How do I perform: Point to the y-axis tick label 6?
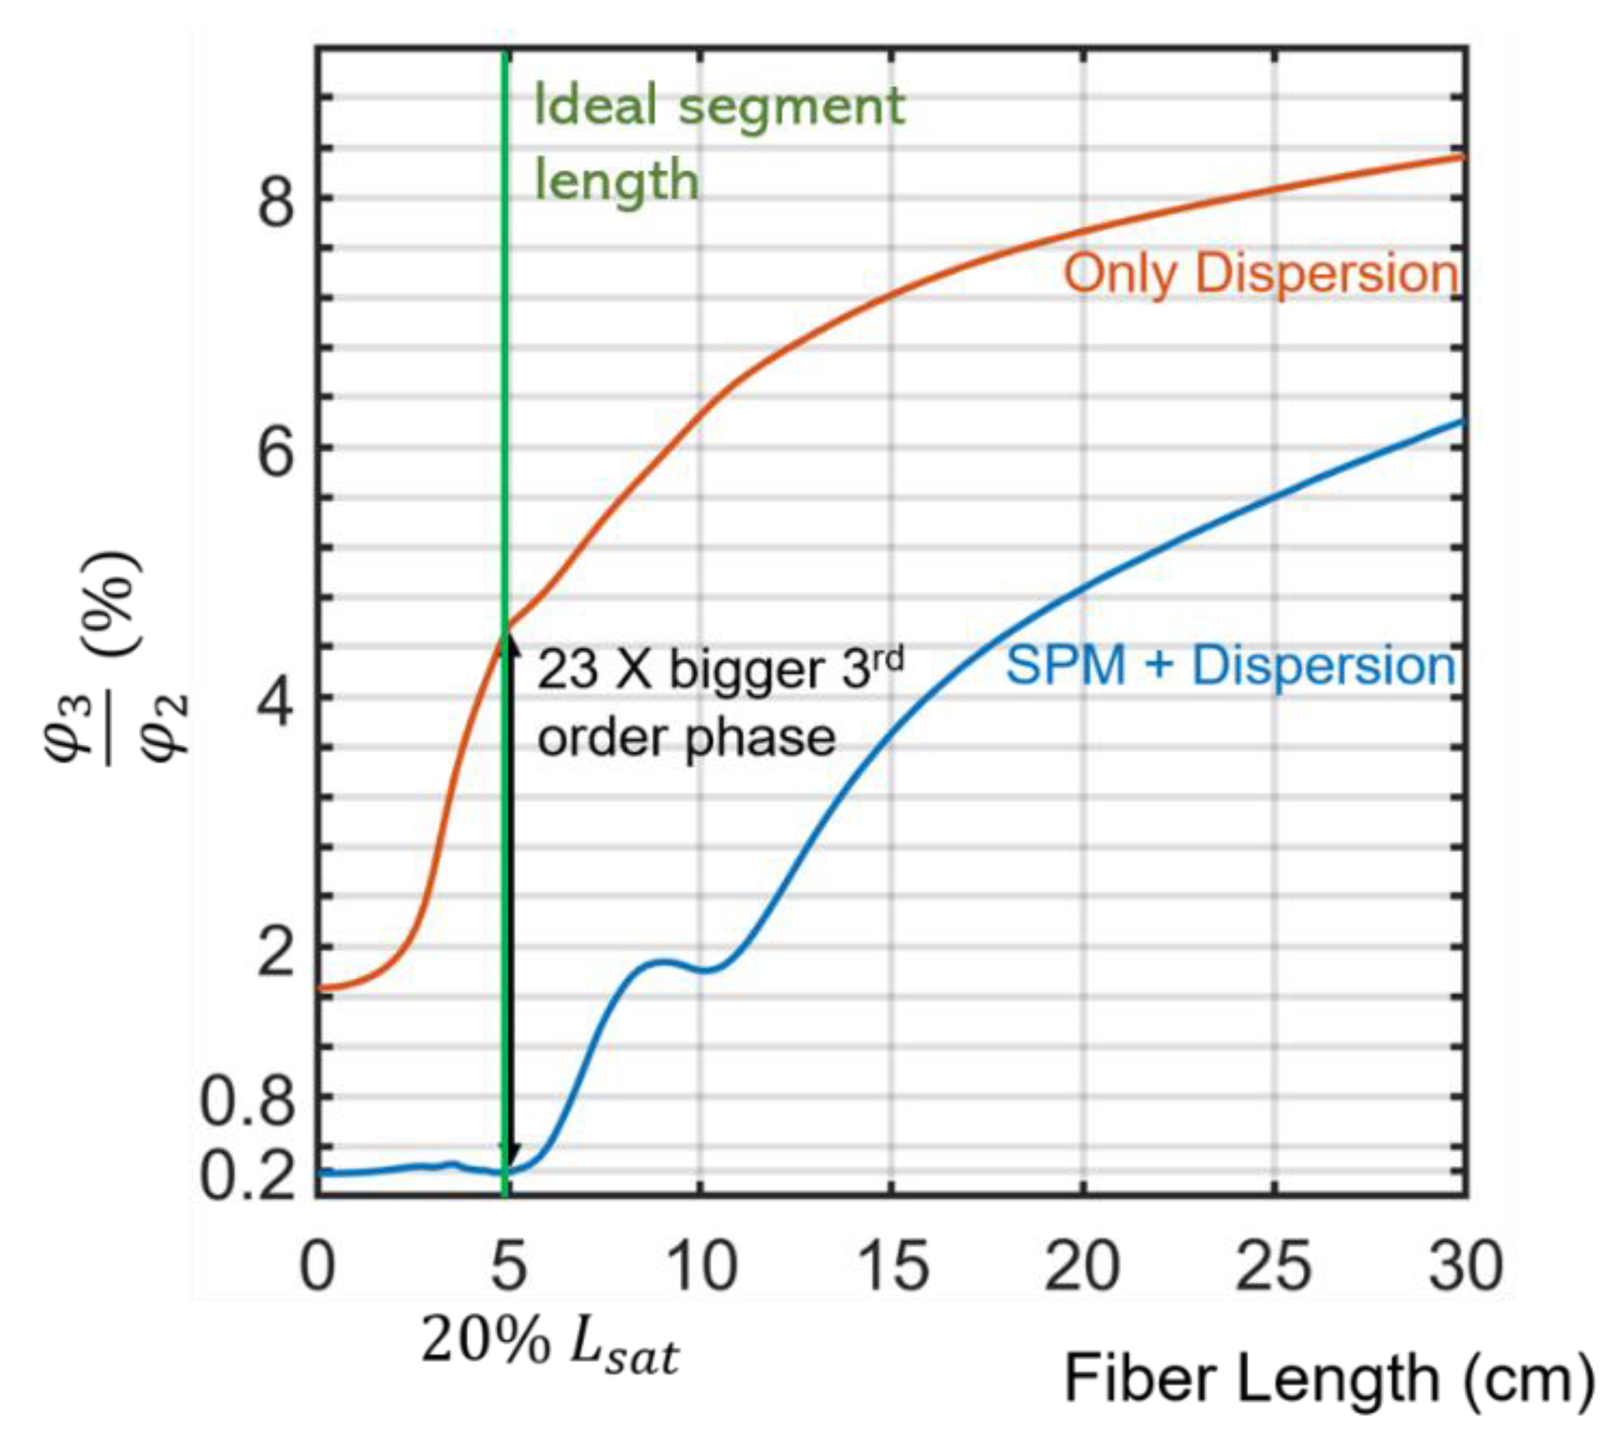pos(275,455)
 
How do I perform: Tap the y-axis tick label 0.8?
pos(247,1103)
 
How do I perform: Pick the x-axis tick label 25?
pos(1274,1267)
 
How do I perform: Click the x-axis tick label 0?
pos(317,1267)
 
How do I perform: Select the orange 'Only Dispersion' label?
pos(1260,274)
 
